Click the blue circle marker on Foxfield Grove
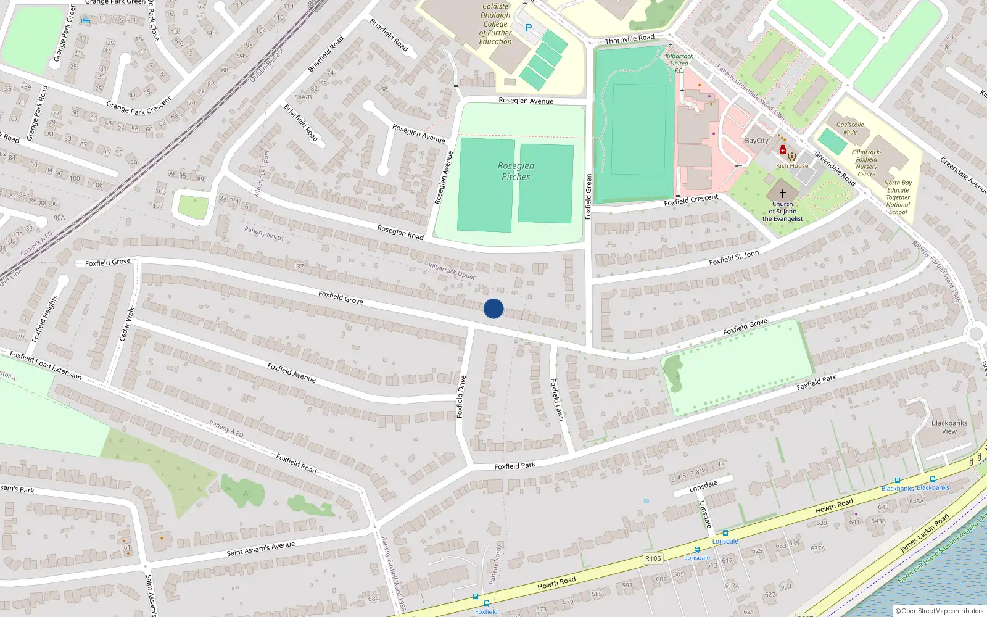(x=493, y=308)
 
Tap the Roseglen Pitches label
(x=516, y=172)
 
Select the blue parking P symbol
(x=528, y=28)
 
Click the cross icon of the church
(x=783, y=193)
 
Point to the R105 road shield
(x=653, y=558)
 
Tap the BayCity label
(x=756, y=141)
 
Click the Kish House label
(x=791, y=166)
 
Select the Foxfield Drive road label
(x=460, y=397)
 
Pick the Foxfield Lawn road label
(x=557, y=400)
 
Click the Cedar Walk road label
(x=126, y=324)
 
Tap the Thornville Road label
(x=629, y=39)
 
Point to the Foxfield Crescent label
(x=691, y=200)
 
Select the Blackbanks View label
(x=949, y=427)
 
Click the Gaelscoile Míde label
(x=850, y=128)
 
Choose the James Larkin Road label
(x=923, y=534)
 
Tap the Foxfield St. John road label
(x=734, y=258)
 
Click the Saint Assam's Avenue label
(x=260, y=549)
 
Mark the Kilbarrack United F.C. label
(x=679, y=63)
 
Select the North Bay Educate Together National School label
(x=898, y=197)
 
